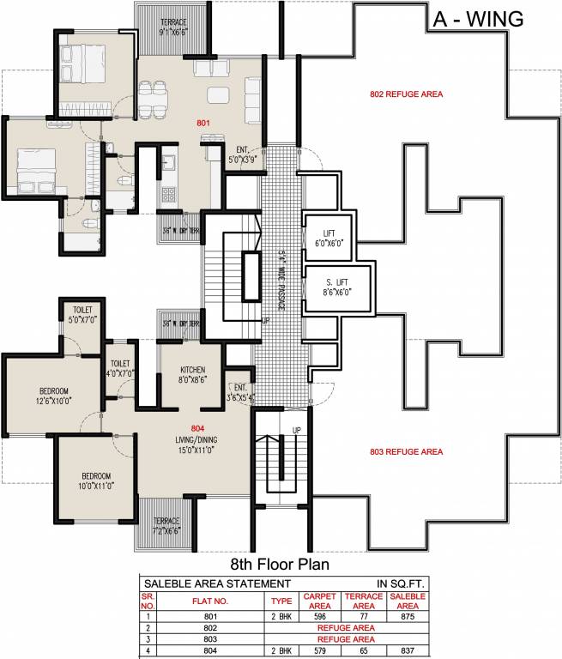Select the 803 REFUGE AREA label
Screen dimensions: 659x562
coord(407,451)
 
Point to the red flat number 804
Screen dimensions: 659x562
coord(199,427)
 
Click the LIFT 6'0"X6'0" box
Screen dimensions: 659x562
coord(329,238)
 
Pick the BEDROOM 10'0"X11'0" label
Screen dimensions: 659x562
coord(96,481)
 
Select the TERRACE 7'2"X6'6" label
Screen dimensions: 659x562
coord(166,525)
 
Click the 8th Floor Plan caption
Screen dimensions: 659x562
coord(281,565)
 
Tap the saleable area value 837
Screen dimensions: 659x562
coord(407,652)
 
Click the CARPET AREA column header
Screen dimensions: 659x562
coord(317,601)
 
